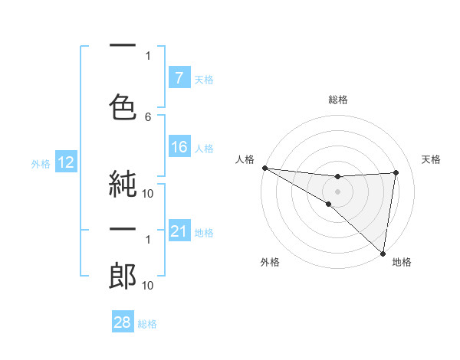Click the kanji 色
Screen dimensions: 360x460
[123, 104]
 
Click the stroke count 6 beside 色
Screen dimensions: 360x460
[148, 116]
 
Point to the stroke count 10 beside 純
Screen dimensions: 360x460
[148, 193]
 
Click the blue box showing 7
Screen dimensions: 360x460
[179, 78]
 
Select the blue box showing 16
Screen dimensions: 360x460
[179, 147]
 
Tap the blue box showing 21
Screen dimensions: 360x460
[179, 231]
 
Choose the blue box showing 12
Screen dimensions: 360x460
[65, 162]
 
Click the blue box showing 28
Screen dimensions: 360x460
[123, 322]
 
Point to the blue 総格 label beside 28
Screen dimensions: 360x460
[148, 324]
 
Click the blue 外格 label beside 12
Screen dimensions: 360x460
[41, 163]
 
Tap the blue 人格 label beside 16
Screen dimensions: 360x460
[204, 148]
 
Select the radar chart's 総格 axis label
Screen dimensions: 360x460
[337, 100]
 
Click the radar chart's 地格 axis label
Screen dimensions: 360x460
[402, 263]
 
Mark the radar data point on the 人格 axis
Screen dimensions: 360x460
[264, 168]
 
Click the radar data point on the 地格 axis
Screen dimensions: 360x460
[383, 253]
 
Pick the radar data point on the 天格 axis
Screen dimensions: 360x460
[396, 172]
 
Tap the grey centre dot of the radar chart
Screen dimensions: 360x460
[337, 190]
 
